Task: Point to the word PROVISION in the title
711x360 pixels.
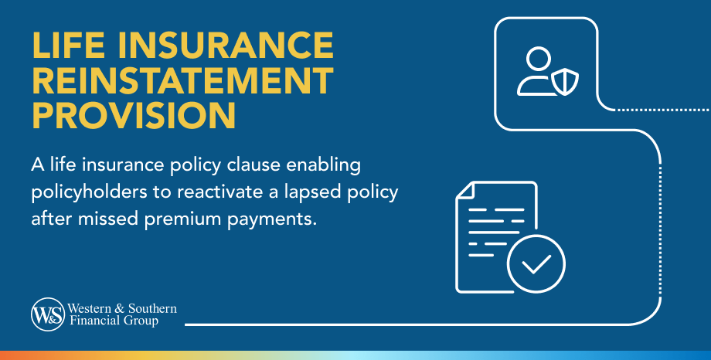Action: pos(134,116)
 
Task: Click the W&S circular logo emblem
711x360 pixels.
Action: pos(48,314)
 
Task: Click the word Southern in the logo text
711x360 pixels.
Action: pos(152,309)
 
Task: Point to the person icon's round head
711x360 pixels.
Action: pos(539,59)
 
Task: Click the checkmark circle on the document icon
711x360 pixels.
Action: pos(536,264)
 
